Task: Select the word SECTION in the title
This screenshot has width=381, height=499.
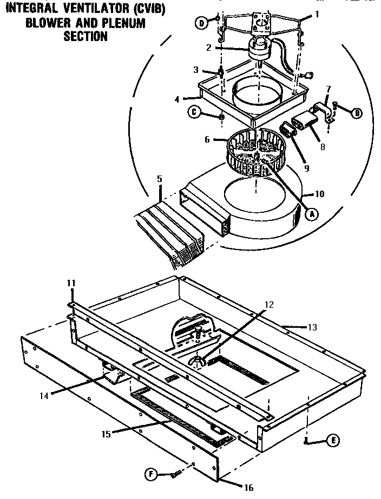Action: [86, 37]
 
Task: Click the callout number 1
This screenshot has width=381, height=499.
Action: [317, 15]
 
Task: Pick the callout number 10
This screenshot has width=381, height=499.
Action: [319, 194]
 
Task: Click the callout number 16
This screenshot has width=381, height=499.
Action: [248, 487]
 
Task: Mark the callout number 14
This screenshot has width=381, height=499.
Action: [44, 395]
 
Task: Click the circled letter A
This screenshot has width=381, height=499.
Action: [312, 213]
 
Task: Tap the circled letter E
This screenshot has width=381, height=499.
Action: [334, 441]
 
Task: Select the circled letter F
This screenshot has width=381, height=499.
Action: [153, 475]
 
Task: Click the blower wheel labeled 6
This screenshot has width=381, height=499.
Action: [253, 153]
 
